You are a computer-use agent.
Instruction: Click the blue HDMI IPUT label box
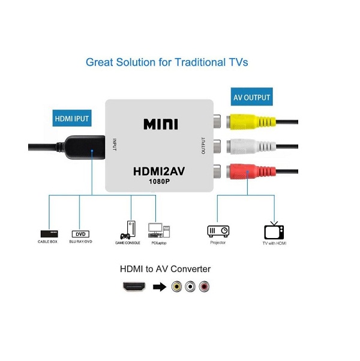72,119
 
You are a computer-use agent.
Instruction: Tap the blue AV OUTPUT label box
251,97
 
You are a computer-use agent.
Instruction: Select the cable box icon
49,233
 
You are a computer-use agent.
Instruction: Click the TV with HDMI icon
274,231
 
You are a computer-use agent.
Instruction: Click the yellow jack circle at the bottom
176,287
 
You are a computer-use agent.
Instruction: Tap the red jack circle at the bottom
205,287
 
